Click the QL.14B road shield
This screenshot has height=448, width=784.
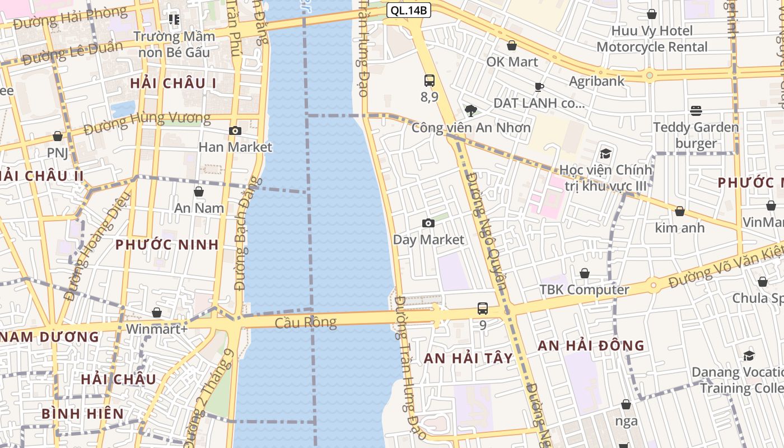point(408,10)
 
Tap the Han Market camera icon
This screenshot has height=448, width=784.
point(235,131)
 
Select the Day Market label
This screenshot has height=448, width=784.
point(428,240)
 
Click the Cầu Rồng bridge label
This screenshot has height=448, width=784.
point(306,323)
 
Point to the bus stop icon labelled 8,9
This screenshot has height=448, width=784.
point(430,81)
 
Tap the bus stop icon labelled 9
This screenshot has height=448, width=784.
point(483,309)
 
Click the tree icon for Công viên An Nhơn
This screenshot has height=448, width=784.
point(471,110)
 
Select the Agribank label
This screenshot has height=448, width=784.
point(596,81)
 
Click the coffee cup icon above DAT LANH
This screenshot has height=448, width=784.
point(539,87)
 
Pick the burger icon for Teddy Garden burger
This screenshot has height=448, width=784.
point(696,111)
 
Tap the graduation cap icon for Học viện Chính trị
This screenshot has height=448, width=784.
point(605,154)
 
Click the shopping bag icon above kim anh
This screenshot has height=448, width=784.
point(679,211)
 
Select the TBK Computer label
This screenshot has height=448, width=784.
point(584,290)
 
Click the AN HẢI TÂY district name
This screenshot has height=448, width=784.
point(468,358)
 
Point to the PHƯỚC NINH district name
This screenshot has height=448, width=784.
point(167,245)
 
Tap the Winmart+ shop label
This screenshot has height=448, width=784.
point(157,329)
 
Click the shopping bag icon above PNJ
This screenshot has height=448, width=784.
point(58,136)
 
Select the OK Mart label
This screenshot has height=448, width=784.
point(512,62)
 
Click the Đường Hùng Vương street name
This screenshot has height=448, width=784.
point(147,124)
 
